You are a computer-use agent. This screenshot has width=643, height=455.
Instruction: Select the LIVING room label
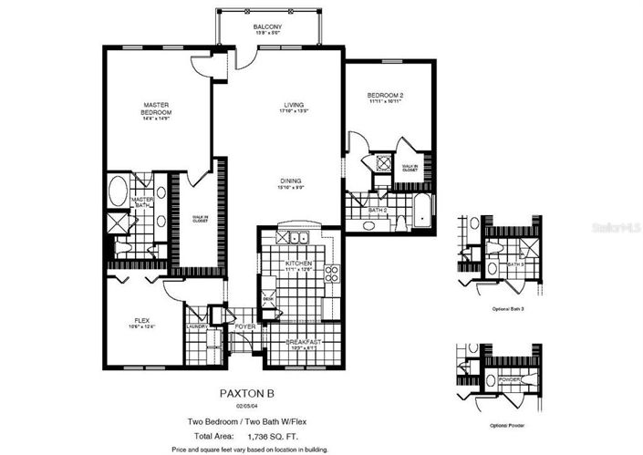click(292, 106)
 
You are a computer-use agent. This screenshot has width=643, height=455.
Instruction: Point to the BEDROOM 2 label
click(385, 95)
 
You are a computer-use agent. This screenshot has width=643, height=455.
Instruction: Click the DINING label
click(291, 181)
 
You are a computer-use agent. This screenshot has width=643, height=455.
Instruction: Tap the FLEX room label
click(141, 320)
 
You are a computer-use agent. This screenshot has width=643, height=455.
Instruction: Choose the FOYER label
click(244, 326)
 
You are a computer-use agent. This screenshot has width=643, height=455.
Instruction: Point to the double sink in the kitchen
click(297, 239)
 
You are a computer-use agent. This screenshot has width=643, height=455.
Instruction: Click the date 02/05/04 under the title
click(244, 407)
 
